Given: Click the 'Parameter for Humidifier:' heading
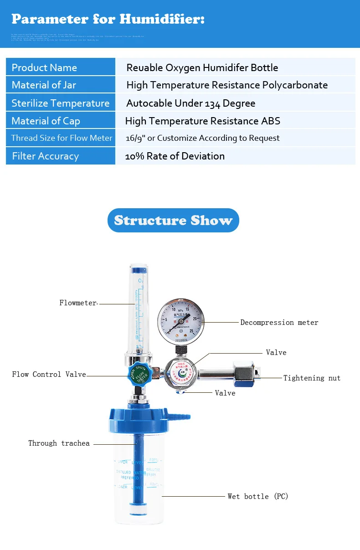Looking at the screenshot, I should pos(108,19).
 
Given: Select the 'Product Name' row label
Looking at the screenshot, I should pos(44,67).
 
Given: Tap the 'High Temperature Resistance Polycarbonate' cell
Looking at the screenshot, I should pos(227,85).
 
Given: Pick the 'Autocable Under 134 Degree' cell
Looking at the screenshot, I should pos(190,103).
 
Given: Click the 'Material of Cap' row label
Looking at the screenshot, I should pos(46,121).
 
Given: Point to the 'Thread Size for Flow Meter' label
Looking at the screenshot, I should pos(62,138).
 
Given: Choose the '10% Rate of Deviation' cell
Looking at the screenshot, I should pos(175,156).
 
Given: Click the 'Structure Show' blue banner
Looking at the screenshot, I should pos(173,221).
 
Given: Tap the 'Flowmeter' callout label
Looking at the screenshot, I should pos(78,303).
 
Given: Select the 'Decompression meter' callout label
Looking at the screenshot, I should pos(279,323).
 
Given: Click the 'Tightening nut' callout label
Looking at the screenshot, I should pos(312,378).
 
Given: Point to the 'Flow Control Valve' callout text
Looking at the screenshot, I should pos(49,375).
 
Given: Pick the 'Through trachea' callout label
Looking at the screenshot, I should pos(59,443).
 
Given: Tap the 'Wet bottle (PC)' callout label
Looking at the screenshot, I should pos(258,496).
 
